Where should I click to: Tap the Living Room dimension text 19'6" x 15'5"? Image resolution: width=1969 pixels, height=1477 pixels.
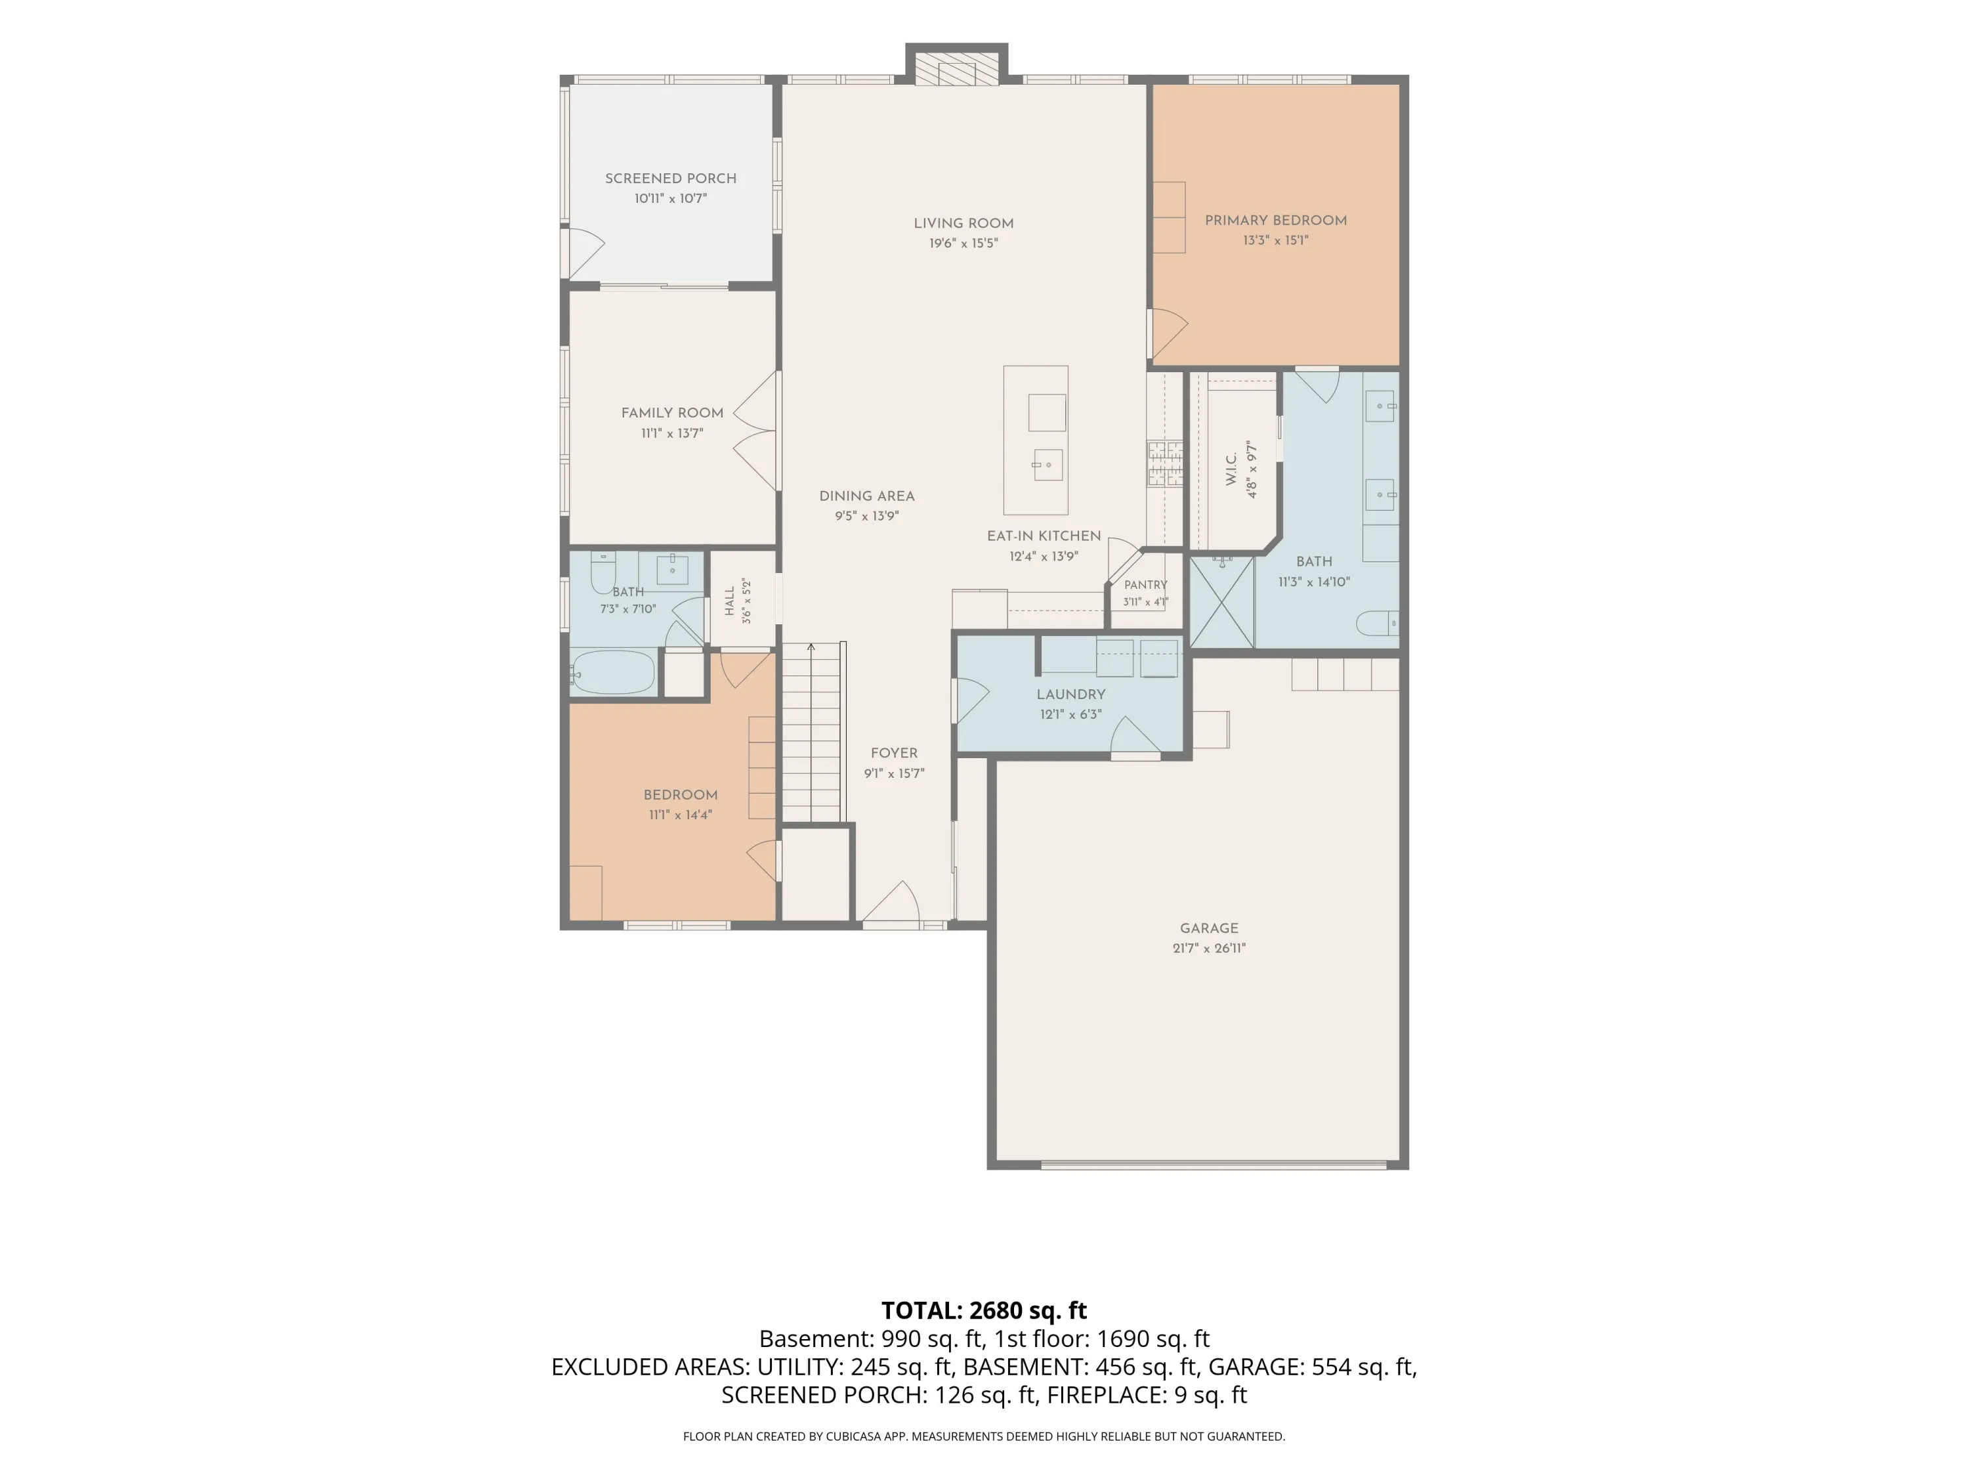(x=963, y=243)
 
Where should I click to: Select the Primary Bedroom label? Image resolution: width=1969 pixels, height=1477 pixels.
(x=1275, y=220)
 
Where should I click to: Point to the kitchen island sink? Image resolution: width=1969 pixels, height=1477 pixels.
(x=1048, y=465)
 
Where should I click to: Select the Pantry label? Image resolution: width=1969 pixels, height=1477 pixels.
(x=1145, y=585)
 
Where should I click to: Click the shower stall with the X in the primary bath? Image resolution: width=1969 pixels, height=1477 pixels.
(x=1221, y=602)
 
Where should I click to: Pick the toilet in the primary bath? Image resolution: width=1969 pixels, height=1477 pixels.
(x=1377, y=623)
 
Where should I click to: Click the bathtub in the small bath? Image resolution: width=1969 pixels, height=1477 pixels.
(x=612, y=672)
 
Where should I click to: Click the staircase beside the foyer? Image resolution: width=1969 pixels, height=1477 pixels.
(x=812, y=732)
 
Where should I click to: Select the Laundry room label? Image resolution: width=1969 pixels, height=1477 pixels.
(x=1071, y=695)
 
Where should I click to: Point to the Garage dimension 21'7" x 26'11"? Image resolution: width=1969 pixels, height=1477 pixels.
(x=1209, y=948)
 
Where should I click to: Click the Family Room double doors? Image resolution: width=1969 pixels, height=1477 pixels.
(x=755, y=430)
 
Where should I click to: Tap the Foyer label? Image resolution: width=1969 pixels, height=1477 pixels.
(x=894, y=753)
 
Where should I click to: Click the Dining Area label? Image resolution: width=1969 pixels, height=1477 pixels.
(x=867, y=496)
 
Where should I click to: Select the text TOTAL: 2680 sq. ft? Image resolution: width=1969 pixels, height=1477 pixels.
(x=984, y=1310)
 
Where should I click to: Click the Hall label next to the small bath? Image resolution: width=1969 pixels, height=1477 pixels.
(x=730, y=601)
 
